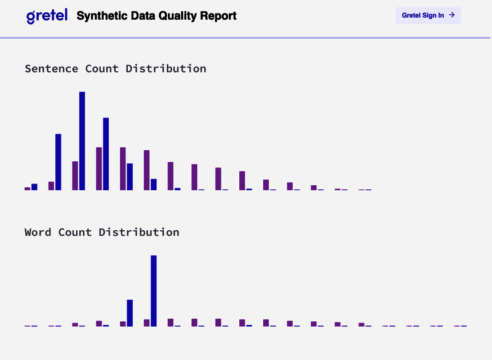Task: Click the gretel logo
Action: pyautogui.click(x=47, y=16)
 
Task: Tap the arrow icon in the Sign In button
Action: pyautogui.click(x=452, y=15)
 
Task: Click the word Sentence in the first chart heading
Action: pyautogui.click(x=51, y=68)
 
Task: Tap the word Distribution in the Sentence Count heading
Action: pyautogui.click(x=166, y=68)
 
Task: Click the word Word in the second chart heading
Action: pyautogui.click(x=38, y=232)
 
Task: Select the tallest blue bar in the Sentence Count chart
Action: pyautogui.click(x=82, y=141)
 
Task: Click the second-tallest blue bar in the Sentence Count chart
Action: pyautogui.click(x=106, y=154)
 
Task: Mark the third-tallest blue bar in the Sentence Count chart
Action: pyautogui.click(x=58, y=162)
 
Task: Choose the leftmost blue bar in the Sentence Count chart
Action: pyautogui.click(x=34, y=187)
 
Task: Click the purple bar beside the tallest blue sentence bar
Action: pyautogui.click(x=75, y=175)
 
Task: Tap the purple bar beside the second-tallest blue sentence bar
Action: pyautogui.click(x=99, y=169)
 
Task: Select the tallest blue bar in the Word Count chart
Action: pyautogui.click(x=154, y=290)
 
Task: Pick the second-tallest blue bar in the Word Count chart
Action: pyautogui.click(x=130, y=313)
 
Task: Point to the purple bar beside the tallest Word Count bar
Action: pyautogui.click(x=147, y=322)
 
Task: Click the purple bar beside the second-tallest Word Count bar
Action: pyautogui.click(x=123, y=324)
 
